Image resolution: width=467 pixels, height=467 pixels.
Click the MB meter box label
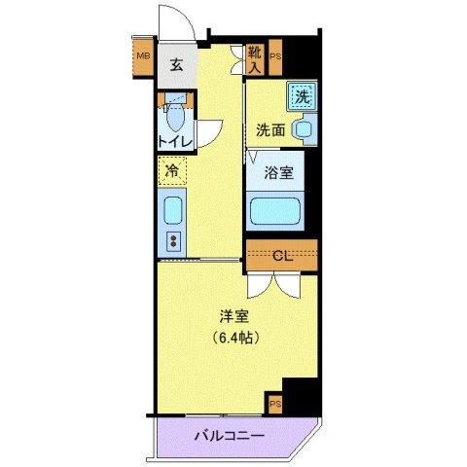143,54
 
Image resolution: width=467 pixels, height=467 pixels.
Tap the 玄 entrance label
177,65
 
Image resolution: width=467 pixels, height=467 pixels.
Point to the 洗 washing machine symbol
302,96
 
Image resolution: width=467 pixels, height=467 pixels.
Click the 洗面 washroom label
269,129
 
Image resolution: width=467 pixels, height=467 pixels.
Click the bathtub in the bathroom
276,211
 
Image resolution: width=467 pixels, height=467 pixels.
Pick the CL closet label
281,257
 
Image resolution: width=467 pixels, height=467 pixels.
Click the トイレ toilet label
175,143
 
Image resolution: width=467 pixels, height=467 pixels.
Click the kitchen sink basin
172,210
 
